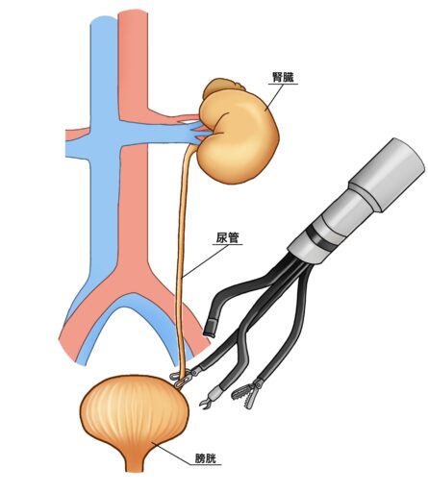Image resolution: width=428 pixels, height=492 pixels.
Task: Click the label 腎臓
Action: pos(283,77)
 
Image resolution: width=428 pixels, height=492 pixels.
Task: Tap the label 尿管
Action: pos(227,237)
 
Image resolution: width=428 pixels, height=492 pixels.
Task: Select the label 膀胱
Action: pos(206,459)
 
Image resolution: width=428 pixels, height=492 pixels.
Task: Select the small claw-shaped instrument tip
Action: pos(206,401)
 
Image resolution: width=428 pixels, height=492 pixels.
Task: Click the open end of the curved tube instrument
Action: pos(210,329)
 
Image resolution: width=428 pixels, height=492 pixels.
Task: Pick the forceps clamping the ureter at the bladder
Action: pos(184,378)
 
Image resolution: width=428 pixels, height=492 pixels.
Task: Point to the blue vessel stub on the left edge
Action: pos(77,148)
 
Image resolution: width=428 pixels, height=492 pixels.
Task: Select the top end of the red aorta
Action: pos(133,12)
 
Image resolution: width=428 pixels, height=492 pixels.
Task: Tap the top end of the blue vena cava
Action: pos(104,20)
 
